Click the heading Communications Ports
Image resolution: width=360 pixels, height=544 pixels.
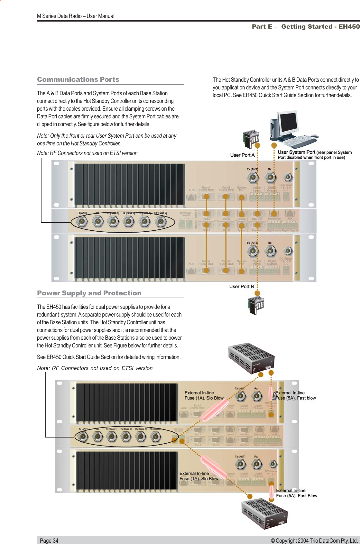pyautogui.click(x=78, y=79)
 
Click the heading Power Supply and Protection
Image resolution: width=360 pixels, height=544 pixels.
pyautogui.click(x=89, y=293)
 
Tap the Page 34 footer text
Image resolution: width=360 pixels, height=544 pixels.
pyautogui.click(x=49, y=540)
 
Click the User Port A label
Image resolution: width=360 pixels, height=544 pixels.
pyautogui.click(x=242, y=155)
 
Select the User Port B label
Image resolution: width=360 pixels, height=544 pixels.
pyautogui.click(x=241, y=287)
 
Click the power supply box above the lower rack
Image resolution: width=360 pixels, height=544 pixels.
pyautogui.click(x=251, y=358)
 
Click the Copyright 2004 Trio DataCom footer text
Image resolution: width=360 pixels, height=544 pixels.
pyautogui.click(x=314, y=540)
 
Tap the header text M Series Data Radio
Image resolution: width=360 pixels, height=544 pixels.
pyautogui.click(x=76, y=16)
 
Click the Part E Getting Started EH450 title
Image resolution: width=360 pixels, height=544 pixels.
pyautogui.click(x=305, y=27)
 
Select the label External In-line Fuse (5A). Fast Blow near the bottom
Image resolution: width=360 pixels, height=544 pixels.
pyautogui.click(x=296, y=493)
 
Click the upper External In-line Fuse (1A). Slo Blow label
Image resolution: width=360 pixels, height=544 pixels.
pyautogui.click(x=204, y=395)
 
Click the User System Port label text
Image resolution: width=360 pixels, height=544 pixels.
pyautogui.click(x=296, y=152)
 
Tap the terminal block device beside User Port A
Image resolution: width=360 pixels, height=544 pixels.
pyautogui.click(x=250, y=139)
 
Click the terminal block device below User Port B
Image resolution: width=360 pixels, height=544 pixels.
pyautogui.click(x=256, y=305)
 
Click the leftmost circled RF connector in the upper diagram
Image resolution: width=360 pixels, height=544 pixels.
pyautogui.click(x=82, y=221)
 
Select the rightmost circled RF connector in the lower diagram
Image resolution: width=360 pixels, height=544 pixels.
pyautogui.click(x=155, y=437)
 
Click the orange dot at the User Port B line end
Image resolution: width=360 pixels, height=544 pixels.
pyautogui.click(x=257, y=293)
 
